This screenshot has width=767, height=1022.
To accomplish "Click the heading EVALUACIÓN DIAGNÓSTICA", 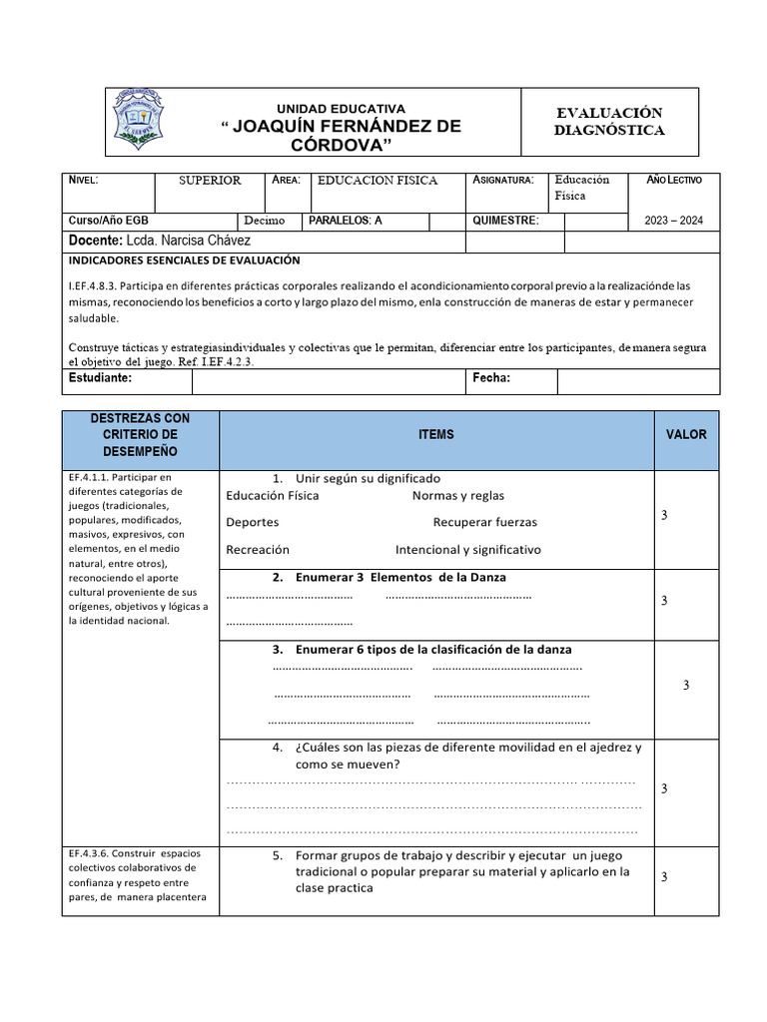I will click(x=609, y=122).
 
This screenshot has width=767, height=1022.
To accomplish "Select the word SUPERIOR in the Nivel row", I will click(x=210, y=181).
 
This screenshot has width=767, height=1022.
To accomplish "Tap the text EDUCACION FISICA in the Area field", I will click(x=378, y=181).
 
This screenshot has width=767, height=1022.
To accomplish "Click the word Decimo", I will click(x=264, y=221).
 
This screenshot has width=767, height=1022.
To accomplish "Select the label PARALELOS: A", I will click(x=346, y=221).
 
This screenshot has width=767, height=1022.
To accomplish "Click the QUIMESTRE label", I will click(x=505, y=221).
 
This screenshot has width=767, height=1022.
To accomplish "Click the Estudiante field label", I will click(x=100, y=379).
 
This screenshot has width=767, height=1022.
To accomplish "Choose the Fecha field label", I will click(x=490, y=379).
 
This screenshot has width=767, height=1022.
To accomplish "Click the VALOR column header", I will click(x=686, y=434).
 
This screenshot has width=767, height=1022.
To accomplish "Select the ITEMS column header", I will click(x=436, y=434).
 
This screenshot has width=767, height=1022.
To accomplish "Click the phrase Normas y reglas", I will click(x=457, y=495).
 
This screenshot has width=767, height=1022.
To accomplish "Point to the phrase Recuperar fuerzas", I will click(x=484, y=522).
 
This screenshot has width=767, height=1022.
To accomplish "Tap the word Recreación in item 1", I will click(x=258, y=549).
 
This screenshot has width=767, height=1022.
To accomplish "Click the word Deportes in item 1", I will click(x=253, y=522).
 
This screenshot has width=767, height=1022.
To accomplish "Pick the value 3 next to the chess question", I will click(x=664, y=788).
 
